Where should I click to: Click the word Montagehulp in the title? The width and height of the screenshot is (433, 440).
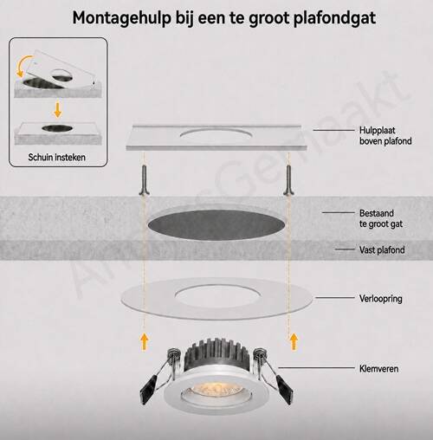(x=121, y=18)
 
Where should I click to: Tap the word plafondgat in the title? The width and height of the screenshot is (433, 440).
(x=334, y=18)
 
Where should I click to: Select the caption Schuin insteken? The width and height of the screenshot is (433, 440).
(x=57, y=158)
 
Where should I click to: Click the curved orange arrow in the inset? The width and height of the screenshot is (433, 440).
(x=25, y=65)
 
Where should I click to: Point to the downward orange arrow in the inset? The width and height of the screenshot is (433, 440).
(x=58, y=110)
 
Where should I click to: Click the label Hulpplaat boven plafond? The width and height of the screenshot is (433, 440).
(x=385, y=136)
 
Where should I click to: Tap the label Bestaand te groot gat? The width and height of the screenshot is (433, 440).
(x=381, y=218)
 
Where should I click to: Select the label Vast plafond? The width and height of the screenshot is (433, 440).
(x=382, y=249)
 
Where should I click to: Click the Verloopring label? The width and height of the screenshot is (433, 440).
(x=380, y=299)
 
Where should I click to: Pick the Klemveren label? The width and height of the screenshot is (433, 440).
(x=378, y=369)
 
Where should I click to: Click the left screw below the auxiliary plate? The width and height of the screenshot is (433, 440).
(x=145, y=179)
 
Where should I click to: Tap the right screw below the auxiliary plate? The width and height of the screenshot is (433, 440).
(x=288, y=179)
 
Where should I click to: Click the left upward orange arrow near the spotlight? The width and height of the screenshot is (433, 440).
(x=145, y=342)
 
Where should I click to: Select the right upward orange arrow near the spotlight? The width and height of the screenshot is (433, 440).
(x=294, y=341)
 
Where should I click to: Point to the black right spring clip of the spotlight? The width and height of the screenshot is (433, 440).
(x=284, y=389)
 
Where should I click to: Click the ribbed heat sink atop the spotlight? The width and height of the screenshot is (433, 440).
(x=216, y=354)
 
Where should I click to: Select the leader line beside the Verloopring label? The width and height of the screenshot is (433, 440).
(x=334, y=297)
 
